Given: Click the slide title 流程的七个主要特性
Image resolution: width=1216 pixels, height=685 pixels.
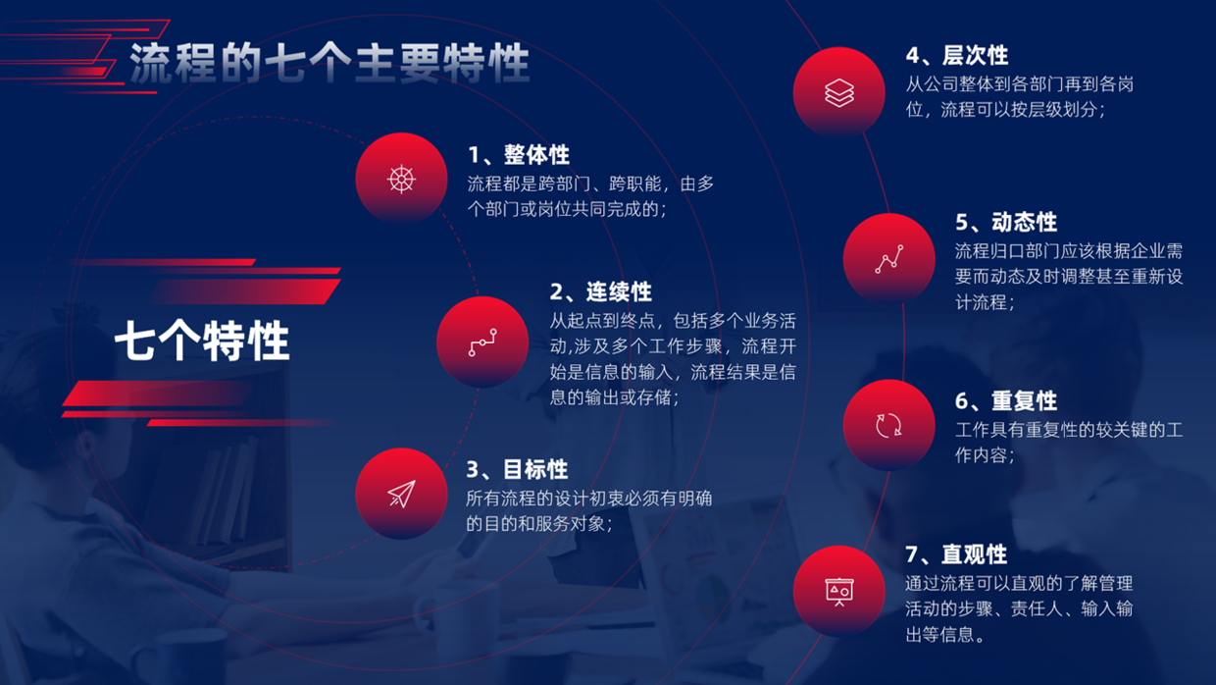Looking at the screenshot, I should pyautogui.click(x=329, y=63).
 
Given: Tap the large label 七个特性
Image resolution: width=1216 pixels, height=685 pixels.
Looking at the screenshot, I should pyautogui.click(x=202, y=342).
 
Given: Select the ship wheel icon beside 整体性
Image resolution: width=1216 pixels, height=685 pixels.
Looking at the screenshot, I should pyautogui.click(x=401, y=179).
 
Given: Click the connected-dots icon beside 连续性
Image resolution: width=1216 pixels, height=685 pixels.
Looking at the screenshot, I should pyautogui.click(x=482, y=342).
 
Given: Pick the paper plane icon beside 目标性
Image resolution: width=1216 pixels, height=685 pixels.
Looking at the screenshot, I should pyautogui.click(x=401, y=494).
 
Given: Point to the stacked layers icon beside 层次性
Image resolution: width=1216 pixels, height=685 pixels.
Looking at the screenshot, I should pyautogui.click(x=838, y=92).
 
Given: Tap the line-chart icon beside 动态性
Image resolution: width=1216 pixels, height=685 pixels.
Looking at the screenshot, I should pyautogui.click(x=888, y=259).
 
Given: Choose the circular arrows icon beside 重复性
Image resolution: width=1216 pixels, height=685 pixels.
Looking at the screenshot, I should pyautogui.click(x=888, y=425).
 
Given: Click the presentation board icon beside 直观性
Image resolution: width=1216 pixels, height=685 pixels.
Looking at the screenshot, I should pyautogui.click(x=838, y=591).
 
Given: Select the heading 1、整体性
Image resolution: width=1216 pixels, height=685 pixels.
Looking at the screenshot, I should pyautogui.click(x=519, y=155).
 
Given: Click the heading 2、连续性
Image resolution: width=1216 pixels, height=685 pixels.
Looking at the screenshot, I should pyautogui.click(x=600, y=291).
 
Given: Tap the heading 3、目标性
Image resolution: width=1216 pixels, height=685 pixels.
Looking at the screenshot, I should pyautogui.click(x=517, y=469).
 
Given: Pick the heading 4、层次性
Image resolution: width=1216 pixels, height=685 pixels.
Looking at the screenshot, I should pyautogui.click(x=956, y=55).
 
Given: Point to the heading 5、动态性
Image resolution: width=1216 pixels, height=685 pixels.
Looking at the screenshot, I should pyautogui.click(x=1006, y=222).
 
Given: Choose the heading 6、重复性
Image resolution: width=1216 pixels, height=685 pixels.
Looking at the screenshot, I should pyautogui.click(x=1006, y=400).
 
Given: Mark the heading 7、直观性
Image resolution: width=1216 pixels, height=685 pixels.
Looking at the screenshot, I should pyautogui.click(x=956, y=554).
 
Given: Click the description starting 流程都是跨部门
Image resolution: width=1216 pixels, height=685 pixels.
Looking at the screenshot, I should pyautogui.click(x=589, y=195).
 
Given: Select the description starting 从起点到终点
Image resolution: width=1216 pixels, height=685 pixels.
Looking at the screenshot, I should pyautogui.click(x=673, y=359).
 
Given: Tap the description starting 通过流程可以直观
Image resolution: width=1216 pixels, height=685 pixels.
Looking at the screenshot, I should pyautogui.click(x=1019, y=608).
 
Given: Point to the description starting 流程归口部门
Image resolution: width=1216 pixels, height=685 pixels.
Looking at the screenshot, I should pyautogui.click(x=1069, y=276).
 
